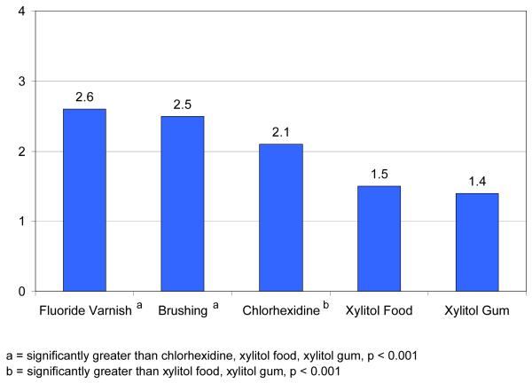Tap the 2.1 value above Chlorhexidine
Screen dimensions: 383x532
(280, 131)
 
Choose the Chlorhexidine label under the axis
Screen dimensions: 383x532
(277, 312)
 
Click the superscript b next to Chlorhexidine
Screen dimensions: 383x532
(326, 307)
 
